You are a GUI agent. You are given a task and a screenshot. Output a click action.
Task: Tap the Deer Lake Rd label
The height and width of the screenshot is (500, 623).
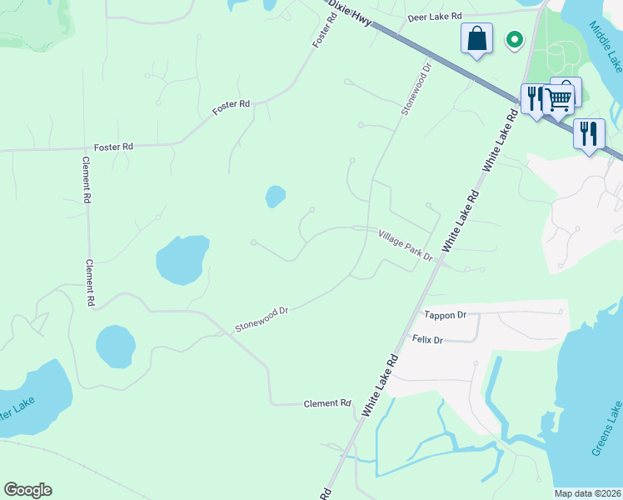tap(434, 17)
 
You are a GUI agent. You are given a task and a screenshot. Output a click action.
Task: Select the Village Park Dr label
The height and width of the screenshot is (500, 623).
tap(406, 246)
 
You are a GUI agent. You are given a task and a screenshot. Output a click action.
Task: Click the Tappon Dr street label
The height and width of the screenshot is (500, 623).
tap(446, 315)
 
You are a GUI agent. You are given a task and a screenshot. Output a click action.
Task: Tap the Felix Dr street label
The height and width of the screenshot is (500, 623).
tap(427, 340)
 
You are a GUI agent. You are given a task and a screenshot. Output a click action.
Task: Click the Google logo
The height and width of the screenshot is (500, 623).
tap(27, 490)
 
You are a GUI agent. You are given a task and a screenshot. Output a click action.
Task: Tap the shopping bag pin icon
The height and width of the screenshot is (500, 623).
tap(477, 38)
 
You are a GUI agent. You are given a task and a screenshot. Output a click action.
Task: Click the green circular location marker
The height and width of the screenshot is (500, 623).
tap(515, 38)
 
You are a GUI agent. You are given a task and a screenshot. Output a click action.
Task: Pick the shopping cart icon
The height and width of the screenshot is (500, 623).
tap(559, 99)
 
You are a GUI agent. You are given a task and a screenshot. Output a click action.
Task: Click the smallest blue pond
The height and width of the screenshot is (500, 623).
tap(275, 197)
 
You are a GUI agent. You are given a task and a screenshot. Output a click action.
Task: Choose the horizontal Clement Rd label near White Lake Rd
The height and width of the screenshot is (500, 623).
tap(327, 403)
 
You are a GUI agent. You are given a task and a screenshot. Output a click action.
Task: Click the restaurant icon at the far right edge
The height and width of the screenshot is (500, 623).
tap(589, 133)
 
